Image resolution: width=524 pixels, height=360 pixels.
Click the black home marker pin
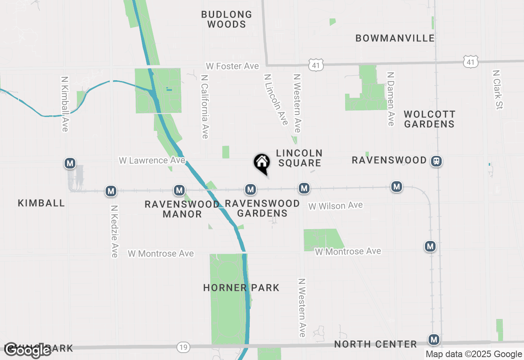[262, 163]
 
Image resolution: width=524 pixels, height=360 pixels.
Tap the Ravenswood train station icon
[436, 161]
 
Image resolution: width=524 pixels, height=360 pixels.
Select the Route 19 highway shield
[183, 347]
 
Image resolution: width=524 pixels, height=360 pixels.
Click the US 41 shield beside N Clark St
[471, 62]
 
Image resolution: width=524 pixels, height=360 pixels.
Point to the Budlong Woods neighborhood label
[226, 19]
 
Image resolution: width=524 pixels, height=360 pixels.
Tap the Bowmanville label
[395, 38]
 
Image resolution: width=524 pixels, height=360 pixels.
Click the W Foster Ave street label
[232, 66]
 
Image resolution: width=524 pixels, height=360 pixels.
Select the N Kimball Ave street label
[64, 104]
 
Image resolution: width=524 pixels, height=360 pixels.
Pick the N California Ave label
[205, 106]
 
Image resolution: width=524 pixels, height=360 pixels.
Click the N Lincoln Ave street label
[276, 99]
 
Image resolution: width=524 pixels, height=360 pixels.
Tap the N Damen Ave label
[391, 99]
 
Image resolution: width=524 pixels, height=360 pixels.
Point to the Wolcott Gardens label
[429, 119]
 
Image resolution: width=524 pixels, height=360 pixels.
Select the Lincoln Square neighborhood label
[299, 158]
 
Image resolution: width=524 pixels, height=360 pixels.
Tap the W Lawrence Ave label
[152, 160]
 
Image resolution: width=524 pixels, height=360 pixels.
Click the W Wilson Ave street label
[336, 206]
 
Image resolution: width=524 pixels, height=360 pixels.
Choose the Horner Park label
[241, 288]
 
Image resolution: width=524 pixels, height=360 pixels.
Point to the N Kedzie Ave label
[114, 231]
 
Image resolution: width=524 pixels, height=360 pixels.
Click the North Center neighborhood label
[375, 344]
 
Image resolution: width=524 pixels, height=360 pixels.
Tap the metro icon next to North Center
[434, 340]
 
